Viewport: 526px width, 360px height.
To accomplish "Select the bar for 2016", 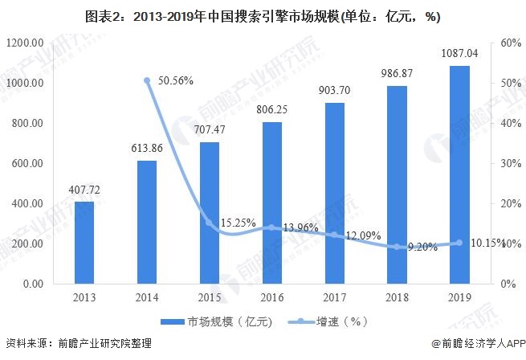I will click(272, 202).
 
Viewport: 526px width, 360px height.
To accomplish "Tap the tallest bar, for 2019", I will click(459, 174).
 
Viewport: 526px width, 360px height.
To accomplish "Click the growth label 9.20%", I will click(421, 247).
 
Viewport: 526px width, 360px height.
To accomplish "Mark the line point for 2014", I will click(146, 80).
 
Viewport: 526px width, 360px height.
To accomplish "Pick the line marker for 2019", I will click(459, 243).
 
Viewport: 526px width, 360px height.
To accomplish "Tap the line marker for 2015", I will click(208, 223).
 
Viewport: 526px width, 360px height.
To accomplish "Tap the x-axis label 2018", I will click(397, 297).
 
